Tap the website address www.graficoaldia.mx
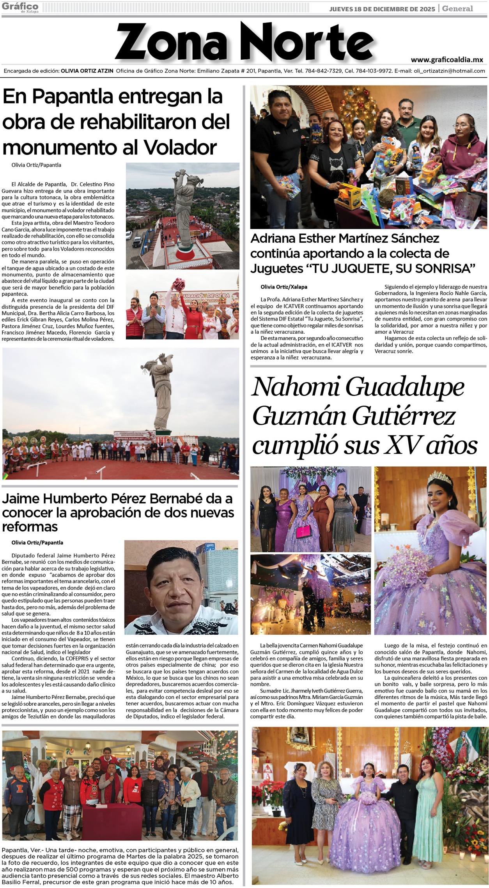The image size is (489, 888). click(447, 60)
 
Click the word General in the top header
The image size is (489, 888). click(457, 9)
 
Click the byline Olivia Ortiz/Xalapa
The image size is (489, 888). click(284, 287)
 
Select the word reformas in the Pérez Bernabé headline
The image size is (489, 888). click(30, 527)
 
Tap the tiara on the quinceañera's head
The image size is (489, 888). click(439, 479)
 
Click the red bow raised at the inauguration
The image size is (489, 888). click(179, 283)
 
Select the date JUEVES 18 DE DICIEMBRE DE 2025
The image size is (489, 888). click(382, 9)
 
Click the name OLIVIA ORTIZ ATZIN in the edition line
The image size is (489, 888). click(87, 71)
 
